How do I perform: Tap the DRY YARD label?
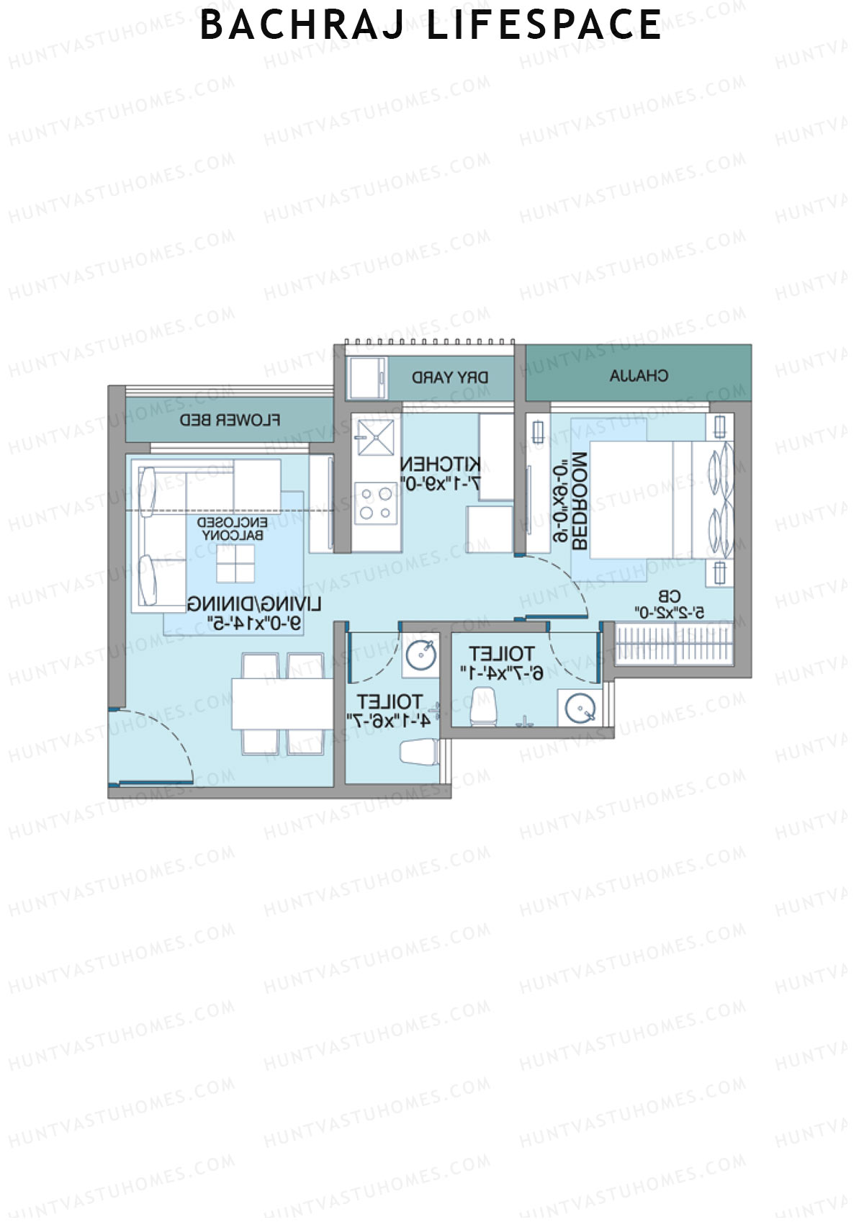coord(450,377)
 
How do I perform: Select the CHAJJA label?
coord(639,375)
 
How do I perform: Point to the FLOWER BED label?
coord(230,420)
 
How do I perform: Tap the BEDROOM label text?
coord(580,502)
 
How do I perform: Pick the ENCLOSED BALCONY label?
coord(234,529)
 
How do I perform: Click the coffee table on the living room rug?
coord(235,563)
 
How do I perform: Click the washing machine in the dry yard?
coord(367,377)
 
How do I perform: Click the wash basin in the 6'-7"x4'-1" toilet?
coord(580,708)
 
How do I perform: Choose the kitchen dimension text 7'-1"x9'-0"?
coord(440,485)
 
